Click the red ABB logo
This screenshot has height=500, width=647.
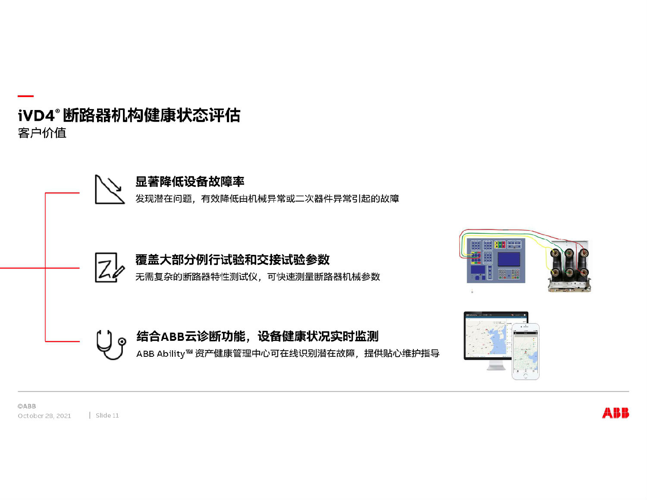(x=615, y=413)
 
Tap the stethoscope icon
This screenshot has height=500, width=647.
(x=110, y=345)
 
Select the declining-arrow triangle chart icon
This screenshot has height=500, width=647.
(x=110, y=189)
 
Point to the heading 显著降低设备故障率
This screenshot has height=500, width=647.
(x=190, y=182)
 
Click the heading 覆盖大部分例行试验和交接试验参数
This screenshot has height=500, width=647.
(x=232, y=260)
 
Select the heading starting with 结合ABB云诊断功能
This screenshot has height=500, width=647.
(x=257, y=336)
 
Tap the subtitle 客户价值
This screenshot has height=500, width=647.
(x=42, y=133)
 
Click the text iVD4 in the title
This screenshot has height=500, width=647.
(x=36, y=116)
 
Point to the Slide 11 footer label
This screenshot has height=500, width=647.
(x=107, y=415)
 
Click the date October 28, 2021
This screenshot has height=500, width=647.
(x=44, y=416)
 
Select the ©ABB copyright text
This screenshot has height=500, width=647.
(x=27, y=406)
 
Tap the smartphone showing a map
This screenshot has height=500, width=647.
(x=525, y=352)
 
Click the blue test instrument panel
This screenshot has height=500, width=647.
(x=496, y=261)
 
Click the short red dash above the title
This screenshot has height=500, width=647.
(x=25, y=96)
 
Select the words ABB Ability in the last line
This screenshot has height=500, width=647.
(x=160, y=354)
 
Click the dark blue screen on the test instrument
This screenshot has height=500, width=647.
(x=509, y=259)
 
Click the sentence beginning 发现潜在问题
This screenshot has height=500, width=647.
(x=267, y=199)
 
